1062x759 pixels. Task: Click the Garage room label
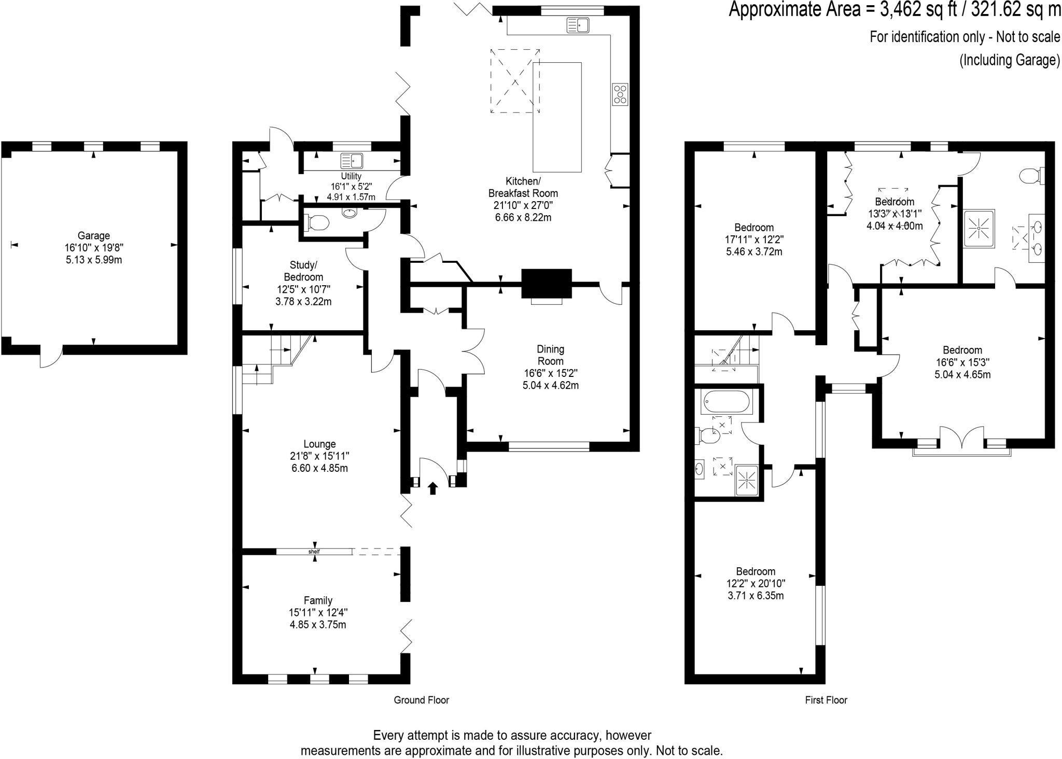pos(94,235)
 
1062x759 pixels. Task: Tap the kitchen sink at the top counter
pos(577,24)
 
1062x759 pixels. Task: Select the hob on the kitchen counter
pos(620,94)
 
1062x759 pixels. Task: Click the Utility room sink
pos(352,160)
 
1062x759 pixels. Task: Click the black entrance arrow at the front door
pos(432,488)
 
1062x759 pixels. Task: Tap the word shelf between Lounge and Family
pos(314,552)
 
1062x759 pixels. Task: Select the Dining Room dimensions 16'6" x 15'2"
pos(550,373)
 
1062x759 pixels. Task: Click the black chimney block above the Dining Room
pos(547,284)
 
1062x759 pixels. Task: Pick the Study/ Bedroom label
pos(303,271)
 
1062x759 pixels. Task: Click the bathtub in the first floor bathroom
pos(725,402)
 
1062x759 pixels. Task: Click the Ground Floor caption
pos(421,700)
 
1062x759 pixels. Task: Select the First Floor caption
pos(826,700)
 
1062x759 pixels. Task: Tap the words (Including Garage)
pos(1010,60)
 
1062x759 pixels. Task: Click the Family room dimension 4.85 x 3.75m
pos(318,625)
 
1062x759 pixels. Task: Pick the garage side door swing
pos(51,358)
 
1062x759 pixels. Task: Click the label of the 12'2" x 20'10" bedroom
pos(756,571)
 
